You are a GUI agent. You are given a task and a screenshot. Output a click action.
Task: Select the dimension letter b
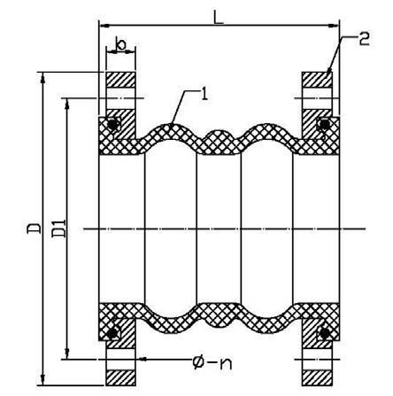(120, 43)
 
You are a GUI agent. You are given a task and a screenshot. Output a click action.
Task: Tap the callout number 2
(364, 39)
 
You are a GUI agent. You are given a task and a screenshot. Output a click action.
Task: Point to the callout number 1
(204, 94)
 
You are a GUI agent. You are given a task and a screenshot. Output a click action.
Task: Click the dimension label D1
(58, 229)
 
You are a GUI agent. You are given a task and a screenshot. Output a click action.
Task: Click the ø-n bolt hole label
(212, 362)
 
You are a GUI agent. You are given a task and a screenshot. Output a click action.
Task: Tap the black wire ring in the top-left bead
(113, 125)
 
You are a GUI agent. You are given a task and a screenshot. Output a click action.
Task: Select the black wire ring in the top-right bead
(324, 124)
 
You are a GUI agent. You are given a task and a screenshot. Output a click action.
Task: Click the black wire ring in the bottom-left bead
(112, 333)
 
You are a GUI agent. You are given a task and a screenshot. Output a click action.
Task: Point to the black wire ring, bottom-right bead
(325, 333)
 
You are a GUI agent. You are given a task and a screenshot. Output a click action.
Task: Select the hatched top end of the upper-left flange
(120, 80)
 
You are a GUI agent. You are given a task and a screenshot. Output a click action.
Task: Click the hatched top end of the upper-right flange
(317, 80)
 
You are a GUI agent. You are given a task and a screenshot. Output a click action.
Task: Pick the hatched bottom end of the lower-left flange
(120, 378)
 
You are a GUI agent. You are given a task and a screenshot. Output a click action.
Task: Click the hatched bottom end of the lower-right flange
(317, 378)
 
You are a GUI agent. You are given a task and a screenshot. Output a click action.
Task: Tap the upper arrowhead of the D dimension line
(43, 77)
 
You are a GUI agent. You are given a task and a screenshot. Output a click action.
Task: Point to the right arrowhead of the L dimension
(334, 26)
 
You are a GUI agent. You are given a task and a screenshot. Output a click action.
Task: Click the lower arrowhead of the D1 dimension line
(67, 353)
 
